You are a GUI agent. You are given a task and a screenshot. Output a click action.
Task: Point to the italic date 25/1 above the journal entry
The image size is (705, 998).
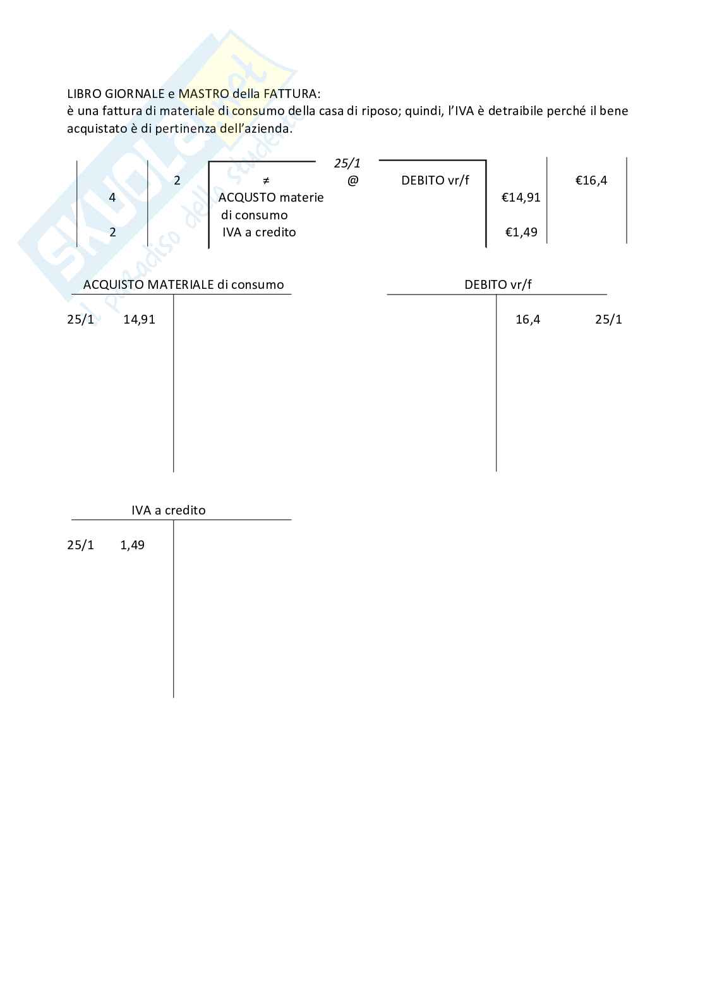pyautogui.click(x=347, y=164)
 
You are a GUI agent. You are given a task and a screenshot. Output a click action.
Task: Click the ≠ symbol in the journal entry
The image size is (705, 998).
pyautogui.click(x=266, y=181)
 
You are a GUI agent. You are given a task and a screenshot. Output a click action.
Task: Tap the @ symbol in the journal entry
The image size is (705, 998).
pyautogui.click(x=352, y=181)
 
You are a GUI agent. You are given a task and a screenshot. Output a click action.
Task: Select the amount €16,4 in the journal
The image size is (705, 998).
pyautogui.click(x=591, y=181)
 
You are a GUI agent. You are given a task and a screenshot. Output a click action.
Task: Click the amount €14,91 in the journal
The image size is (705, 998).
pyautogui.click(x=521, y=198)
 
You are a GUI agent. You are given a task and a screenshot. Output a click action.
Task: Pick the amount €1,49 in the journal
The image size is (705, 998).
pyautogui.click(x=521, y=232)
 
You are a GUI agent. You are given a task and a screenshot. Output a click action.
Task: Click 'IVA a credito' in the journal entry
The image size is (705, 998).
pyautogui.click(x=259, y=232)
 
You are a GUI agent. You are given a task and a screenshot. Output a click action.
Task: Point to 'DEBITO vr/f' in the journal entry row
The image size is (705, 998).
pyautogui.click(x=435, y=181)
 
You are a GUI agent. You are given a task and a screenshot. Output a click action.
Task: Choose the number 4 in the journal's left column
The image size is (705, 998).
pyautogui.click(x=112, y=198)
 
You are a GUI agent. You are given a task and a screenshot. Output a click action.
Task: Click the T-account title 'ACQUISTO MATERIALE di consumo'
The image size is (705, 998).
pyautogui.click(x=183, y=284)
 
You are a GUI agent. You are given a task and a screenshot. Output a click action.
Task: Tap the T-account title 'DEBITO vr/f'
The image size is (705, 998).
pyautogui.click(x=498, y=284)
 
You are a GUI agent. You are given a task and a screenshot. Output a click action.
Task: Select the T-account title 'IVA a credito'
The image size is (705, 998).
pyautogui.click(x=169, y=510)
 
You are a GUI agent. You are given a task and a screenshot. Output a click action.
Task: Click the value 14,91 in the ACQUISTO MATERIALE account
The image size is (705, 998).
pyautogui.click(x=139, y=319)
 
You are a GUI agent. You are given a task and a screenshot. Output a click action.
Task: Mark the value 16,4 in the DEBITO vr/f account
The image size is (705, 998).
pyautogui.click(x=527, y=319)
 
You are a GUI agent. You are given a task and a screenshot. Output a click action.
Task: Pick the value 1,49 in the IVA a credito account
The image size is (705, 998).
pyautogui.click(x=132, y=545)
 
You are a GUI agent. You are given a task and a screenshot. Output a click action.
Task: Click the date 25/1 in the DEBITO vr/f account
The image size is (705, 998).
pyautogui.click(x=608, y=319)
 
